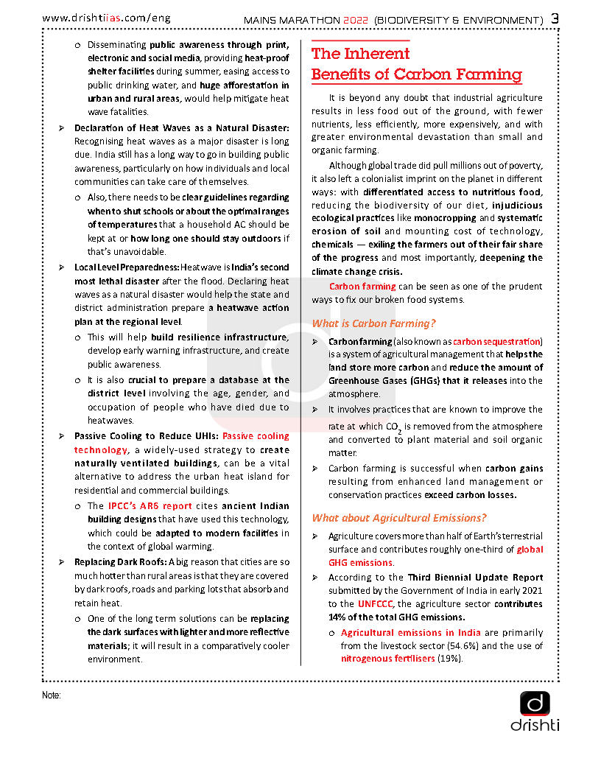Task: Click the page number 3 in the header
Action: [555, 18]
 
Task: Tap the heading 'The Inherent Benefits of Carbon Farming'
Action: [416, 64]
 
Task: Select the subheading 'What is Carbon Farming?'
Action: [373, 323]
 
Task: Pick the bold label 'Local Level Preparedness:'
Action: [126, 267]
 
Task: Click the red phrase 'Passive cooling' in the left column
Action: [256, 436]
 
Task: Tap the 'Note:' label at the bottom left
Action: [52, 695]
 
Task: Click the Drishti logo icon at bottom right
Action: [535, 703]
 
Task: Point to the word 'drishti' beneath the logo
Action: [535, 726]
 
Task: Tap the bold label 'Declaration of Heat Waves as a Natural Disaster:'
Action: [182, 128]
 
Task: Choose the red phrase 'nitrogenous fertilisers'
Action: [387, 659]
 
